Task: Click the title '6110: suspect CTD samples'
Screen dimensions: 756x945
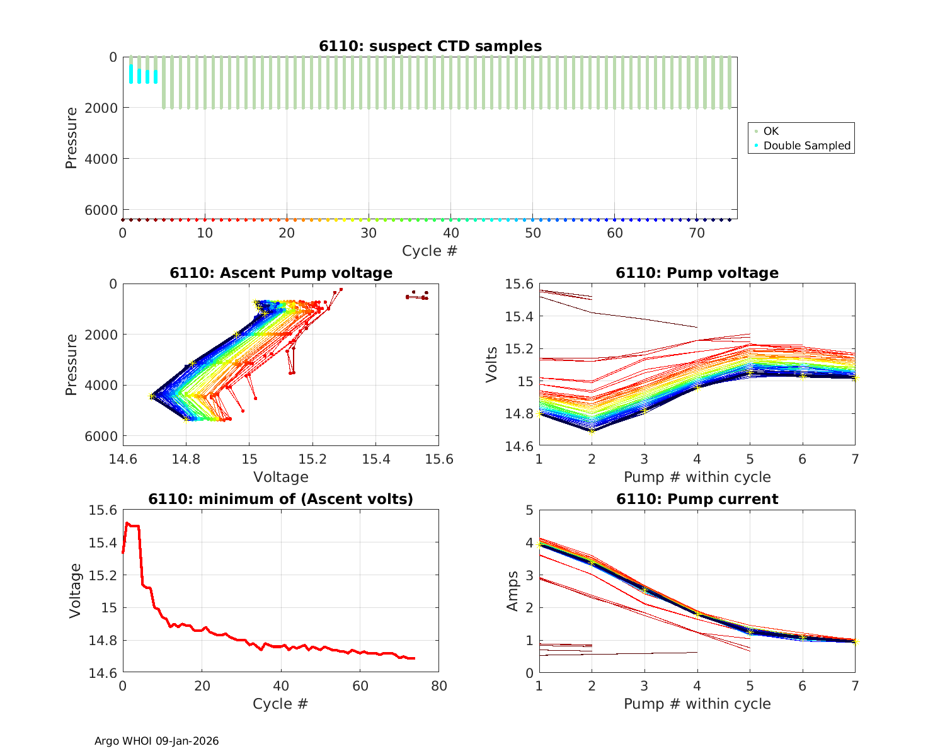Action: click(430, 46)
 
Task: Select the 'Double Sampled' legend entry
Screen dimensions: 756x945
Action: click(807, 146)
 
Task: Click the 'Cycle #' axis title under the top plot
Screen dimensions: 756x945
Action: click(430, 251)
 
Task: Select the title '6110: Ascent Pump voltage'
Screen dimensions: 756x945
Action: click(281, 273)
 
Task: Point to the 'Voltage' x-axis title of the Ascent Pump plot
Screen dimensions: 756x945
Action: click(281, 477)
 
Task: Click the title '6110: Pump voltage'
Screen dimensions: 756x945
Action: click(697, 273)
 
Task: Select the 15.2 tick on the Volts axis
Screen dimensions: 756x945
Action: click(519, 349)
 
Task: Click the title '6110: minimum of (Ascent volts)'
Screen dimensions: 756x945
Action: click(281, 499)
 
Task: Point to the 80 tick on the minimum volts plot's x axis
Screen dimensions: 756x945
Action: click(438, 685)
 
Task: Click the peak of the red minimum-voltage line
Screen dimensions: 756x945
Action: click(127, 523)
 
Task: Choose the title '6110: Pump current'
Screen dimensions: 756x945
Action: click(697, 499)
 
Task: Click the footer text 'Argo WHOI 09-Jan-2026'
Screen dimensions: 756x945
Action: click(156, 741)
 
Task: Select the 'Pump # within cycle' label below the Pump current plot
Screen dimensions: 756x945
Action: click(697, 704)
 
